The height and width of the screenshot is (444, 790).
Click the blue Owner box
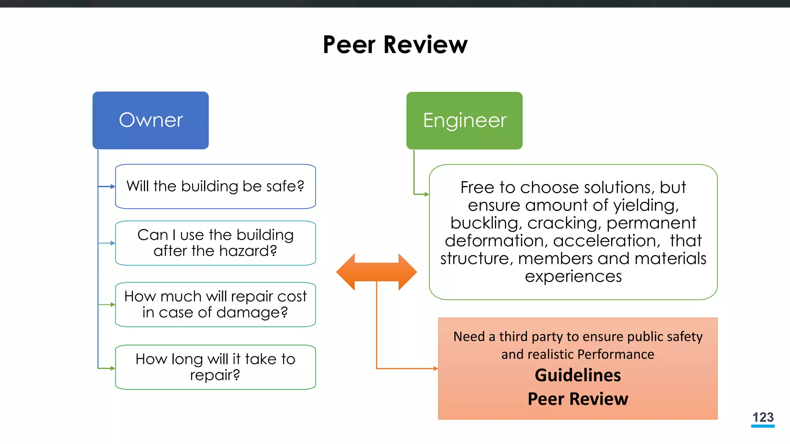click(x=150, y=120)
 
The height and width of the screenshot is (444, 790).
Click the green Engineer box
click(x=464, y=120)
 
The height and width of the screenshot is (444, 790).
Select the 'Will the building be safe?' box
click(x=215, y=187)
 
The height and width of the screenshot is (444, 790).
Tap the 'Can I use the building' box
click(x=215, y=243)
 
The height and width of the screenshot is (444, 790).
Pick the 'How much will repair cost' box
click(x=215, y=304)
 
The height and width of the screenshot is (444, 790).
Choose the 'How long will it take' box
click(x=215, y=367)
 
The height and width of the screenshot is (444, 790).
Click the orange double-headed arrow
click(x=376, y=272)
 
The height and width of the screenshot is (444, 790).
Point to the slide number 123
click(x=763, y=417)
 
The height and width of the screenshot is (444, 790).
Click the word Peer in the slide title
click(x=349, y=45)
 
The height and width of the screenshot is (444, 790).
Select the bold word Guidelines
click(x=577, y=375)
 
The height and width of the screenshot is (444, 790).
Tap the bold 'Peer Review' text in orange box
click(x=577, y=399)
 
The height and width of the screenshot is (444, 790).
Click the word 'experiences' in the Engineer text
click(x=573, y=276)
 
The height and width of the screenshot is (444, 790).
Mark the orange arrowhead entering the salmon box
click(x=436, y=369)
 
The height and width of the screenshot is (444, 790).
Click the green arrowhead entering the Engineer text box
click(x=427, y=194)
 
